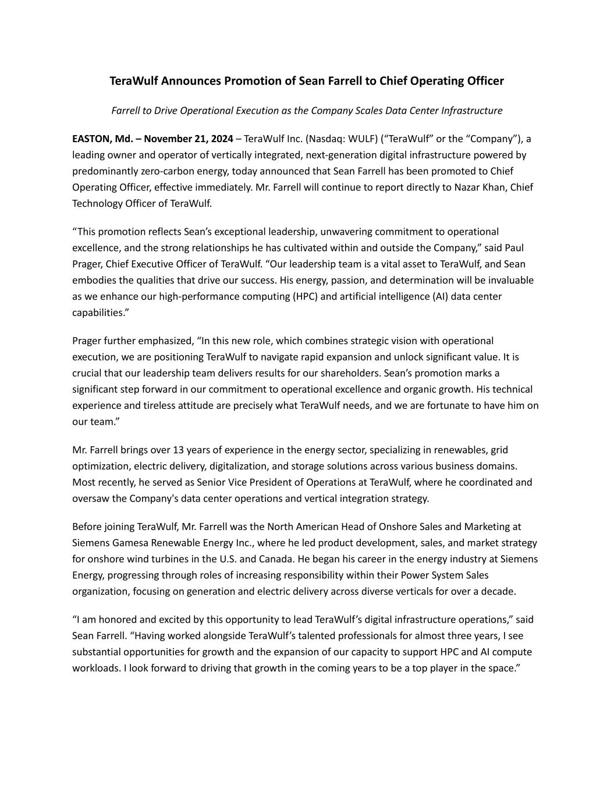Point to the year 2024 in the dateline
221,139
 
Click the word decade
500,592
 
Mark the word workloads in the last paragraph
96,668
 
